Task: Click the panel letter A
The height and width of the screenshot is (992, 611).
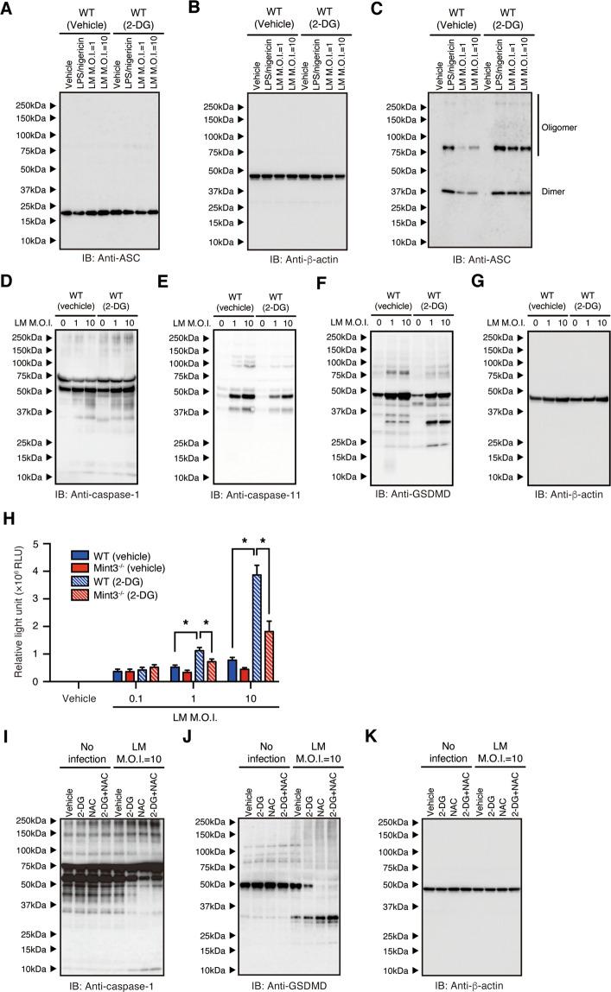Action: pos(10,9)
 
